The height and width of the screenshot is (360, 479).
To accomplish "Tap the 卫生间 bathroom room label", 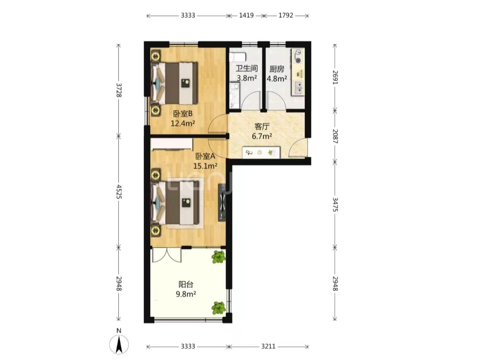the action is pyautogui.click(x=247, y=68).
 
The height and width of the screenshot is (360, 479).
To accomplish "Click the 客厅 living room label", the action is pyautogui.click(x=262, y=127).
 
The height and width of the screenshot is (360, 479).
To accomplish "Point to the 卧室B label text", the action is pyautogui.click(x=183, y=114).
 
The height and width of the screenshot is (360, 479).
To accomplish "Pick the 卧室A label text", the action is pyautogui.click(x=205, y=156).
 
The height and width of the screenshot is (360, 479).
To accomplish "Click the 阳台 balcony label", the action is pyautogui.click(x=186, y=285).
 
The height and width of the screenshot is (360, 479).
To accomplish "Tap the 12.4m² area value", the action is pyautogui.click(x=183, y=123).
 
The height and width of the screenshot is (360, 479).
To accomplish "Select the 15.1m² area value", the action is pyautogui.click(x=205, y=166).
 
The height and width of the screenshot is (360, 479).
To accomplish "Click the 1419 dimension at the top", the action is pyautogui.click(x=246, y=15).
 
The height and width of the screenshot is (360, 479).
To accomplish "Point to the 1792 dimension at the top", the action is pyautogui.click(x=286, y=15).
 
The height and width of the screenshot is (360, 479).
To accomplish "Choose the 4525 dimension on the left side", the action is pyautogui.click(x=119, y=191).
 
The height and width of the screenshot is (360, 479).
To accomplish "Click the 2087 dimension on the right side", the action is pyautogui.click(x=335, y=136).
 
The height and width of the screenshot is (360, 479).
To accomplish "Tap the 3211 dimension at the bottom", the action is pyautogui.click(x=268, y=346).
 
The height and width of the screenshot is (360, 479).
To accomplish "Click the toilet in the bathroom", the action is pyautogui.click(x=238, y=57).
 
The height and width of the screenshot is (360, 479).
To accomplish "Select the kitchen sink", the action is pyautogui.click(x=298, y=87).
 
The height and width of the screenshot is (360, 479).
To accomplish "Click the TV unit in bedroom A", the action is pyautogui.click(x=222, y=202).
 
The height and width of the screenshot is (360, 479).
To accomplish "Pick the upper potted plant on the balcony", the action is pyautogui.click(x=219, y=257).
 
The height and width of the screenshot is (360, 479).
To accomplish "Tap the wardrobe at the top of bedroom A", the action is pyautogui.click(x=172, y=144).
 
